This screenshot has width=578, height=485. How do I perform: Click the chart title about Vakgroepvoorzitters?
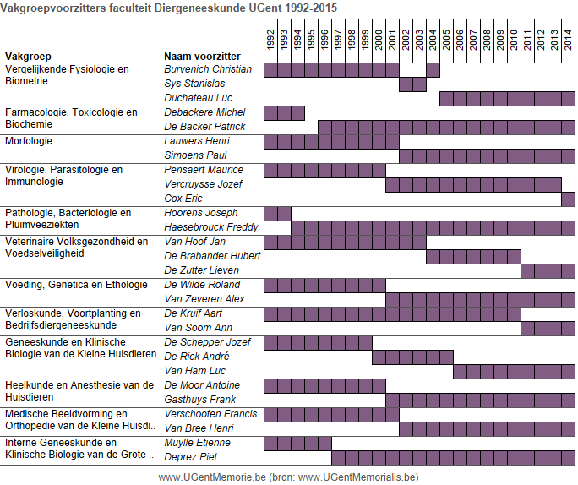coord(168,8)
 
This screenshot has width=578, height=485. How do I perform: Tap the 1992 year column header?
coord(271,40)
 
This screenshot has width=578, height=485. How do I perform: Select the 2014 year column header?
coord(568,40)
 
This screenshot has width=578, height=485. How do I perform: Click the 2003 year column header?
coord(419,40)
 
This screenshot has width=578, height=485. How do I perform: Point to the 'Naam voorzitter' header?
coord(202,57)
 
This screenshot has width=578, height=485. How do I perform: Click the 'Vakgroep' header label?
coord(28,57)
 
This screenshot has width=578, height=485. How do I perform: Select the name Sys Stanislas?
coord(194,84)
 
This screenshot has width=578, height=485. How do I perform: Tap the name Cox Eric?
coord(183,199)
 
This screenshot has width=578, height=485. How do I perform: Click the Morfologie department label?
coord(29,141)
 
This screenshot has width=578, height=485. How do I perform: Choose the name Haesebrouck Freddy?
coord(211,227)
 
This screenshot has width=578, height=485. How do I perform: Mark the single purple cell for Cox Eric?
coord(568,199)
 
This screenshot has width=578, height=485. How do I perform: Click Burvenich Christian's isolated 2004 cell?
coord(433,70)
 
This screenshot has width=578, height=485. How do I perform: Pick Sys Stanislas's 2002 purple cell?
coord(406,84)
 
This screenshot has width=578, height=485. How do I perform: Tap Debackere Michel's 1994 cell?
coord(297,113)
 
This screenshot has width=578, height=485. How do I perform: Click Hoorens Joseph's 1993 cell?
coord(284,214)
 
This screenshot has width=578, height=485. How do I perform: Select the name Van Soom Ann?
coord(198,328)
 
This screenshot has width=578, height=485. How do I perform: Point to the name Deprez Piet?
coord(191,457)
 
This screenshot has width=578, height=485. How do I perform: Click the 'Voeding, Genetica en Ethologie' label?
coord(76,285)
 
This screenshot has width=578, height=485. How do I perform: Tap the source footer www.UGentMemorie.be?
coord(212,477)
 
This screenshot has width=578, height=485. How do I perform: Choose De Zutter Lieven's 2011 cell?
coord(527,271)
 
